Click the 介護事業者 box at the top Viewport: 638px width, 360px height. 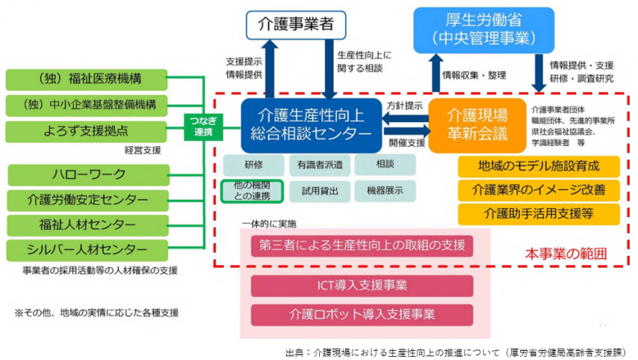tap(294, 26)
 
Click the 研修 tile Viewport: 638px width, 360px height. tap(250, 165)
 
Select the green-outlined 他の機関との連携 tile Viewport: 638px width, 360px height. tap(251, 191)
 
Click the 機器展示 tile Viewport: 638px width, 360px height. tap(385, 191)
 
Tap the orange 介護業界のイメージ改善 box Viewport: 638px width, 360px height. tap(538, 189)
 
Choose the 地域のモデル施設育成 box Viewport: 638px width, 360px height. tap(538, 166)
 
